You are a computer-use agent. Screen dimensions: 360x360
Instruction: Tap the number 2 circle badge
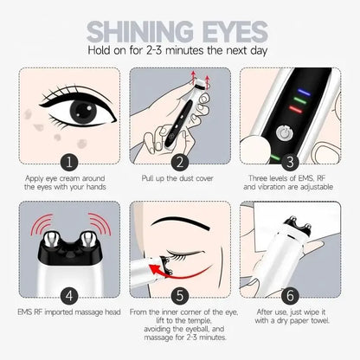[180, 161]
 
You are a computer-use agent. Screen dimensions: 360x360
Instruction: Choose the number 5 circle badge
[180, 293]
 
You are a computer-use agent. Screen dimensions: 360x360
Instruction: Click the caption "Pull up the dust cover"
[180, 179]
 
